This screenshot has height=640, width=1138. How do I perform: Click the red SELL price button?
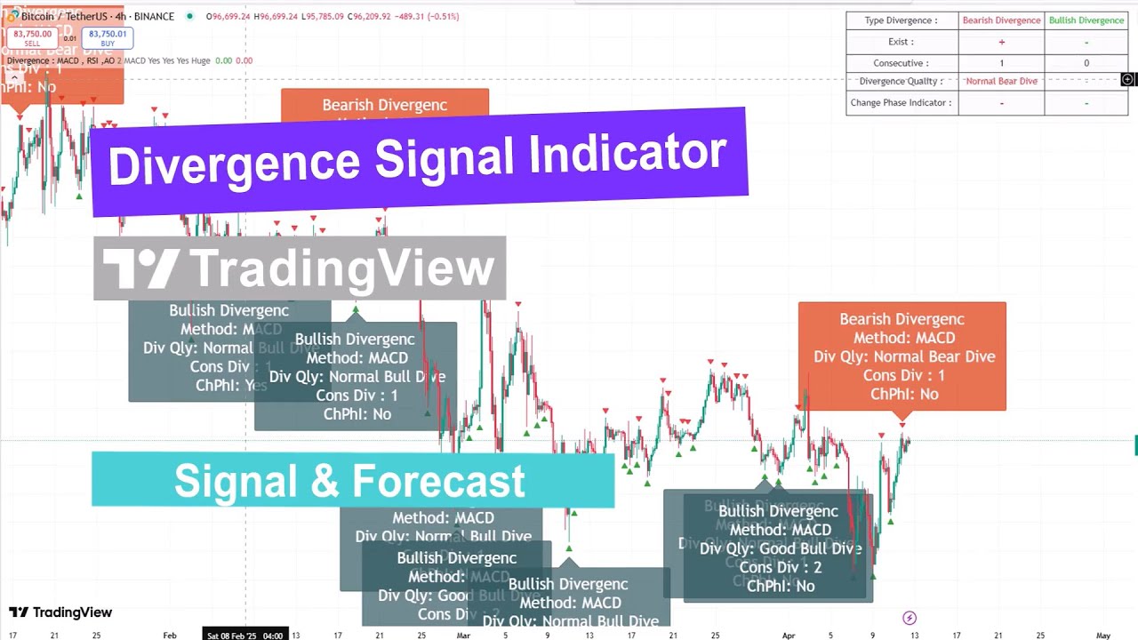coord(32,37)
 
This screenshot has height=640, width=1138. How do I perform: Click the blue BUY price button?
coord(108,37)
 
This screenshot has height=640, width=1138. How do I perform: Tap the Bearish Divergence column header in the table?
coord(1001,20)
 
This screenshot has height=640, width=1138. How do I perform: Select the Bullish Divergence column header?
coord(1086,20)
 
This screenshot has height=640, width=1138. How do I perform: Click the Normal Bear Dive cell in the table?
coord(1001,81)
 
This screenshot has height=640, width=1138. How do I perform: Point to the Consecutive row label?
coord(901,63)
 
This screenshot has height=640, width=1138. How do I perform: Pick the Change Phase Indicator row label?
coord(901,102)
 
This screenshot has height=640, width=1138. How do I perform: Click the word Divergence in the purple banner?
coord(235,163)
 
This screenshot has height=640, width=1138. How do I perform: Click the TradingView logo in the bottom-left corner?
coord(60,612)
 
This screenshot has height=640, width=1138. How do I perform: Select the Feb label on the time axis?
coord(170,636)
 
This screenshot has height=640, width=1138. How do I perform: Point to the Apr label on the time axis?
coord(789,636)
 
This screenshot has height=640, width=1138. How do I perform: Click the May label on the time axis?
coord(1103,636)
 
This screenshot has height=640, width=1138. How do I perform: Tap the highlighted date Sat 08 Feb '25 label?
coord(244,636)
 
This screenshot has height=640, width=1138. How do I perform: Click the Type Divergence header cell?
coord(901,20)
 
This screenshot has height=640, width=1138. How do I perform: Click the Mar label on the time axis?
coord(463,636)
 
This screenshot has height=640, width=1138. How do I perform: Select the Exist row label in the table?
coord(901,42)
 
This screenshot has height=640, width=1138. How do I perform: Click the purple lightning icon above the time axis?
coord(909,618)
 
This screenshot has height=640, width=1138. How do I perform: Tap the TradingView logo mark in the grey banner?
coord(140,268)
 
